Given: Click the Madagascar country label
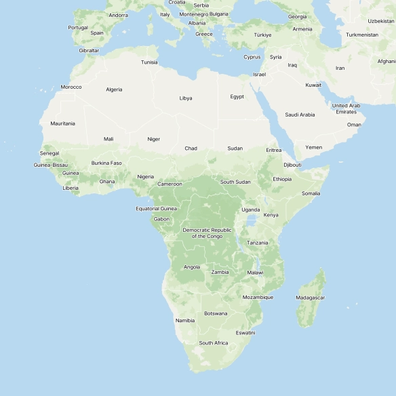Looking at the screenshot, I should [x=311, y=298].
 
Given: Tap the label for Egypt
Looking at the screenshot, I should [x=237, y=96].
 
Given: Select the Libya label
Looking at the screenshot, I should [x=186, y=98].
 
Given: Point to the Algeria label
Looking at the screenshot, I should [x=114, y=90].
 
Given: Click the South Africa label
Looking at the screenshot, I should [x=214, y=343].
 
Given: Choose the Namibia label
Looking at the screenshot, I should [x=185, y=320].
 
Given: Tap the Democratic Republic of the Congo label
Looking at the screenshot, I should [x=207, y=233].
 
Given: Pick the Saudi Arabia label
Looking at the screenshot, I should [x=300, y=115].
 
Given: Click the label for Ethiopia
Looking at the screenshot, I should [x=282, y=179].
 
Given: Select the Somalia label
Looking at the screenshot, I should [x=311, y=193].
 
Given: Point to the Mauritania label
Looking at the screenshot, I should [x=62, y=123].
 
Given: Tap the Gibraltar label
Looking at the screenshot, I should [x=89, y=50].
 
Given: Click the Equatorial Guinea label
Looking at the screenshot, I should [x=156, y=209].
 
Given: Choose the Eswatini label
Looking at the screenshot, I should [x=245, y=332].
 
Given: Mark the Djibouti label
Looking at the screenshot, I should [x=292, y=165].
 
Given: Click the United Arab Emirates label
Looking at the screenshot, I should [x=346, y=108].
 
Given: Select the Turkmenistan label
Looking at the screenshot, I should [x=362, y=35].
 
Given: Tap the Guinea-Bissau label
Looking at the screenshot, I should [x=51, y=165].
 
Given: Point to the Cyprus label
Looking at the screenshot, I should [x=252, y=57].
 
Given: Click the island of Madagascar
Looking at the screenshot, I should [x=310, y=309].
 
